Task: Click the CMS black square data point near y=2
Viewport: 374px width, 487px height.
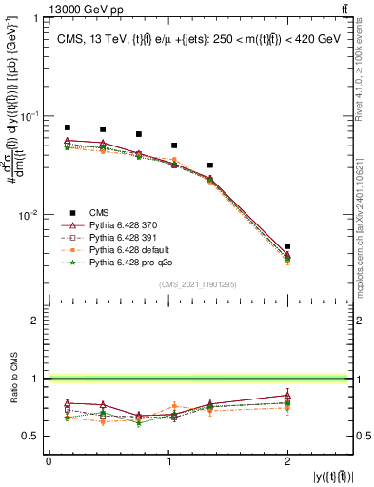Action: tap(287, 246)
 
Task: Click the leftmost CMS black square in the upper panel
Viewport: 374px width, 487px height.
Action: tap(67, 127)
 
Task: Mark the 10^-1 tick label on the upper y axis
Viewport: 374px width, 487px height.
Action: tap(31, 116)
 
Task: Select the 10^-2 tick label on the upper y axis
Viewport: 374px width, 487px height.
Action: tap(31, 215)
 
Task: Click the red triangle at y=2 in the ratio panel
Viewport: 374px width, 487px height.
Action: tap(287, 395)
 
